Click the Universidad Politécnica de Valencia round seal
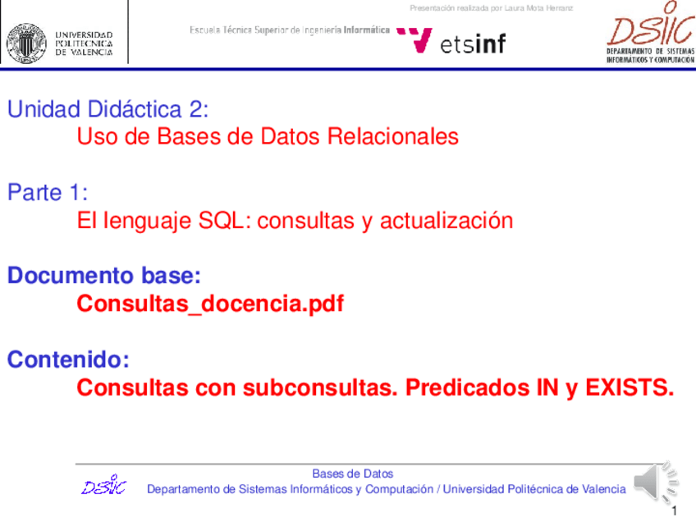[26, 43]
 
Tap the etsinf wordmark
[473, 43]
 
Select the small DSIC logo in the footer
[104, 485]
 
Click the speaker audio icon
[656, 482]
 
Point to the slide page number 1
[675, 511]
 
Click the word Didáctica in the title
[135, 109]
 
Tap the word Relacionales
[393, 136]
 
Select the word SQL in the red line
[221, 221]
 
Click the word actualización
[446, 221]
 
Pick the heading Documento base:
[104, 275]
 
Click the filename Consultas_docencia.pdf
[210, 304]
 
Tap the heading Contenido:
[68, 359]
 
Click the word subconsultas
[320, 387]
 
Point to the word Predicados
[467, 387]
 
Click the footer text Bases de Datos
[353, 474]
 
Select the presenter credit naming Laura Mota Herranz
[492, 8]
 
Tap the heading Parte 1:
[48, 193]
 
